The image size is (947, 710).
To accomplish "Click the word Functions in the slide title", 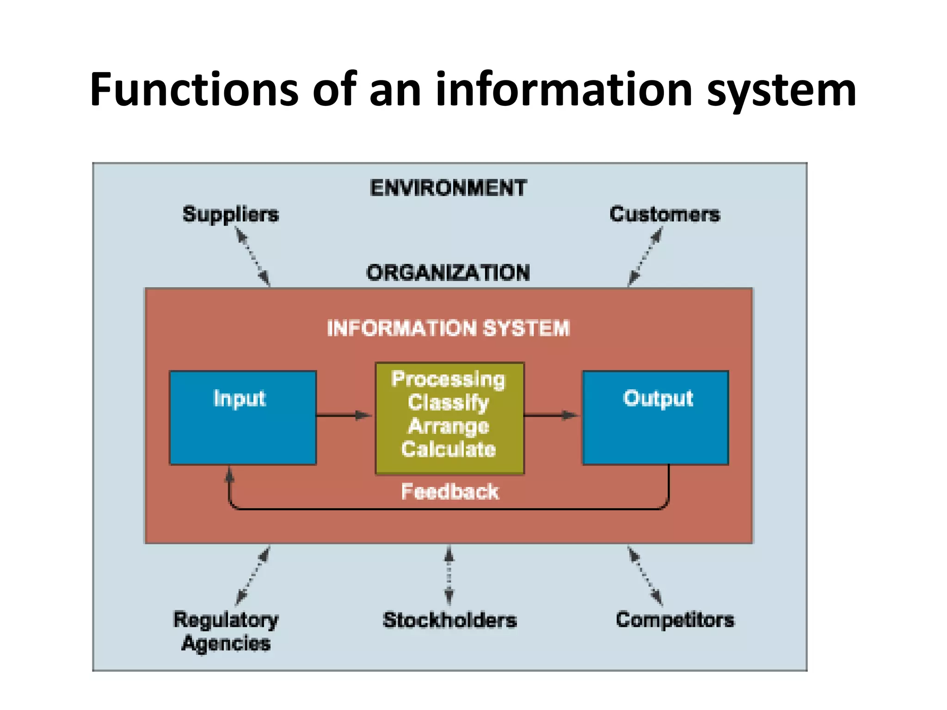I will click(195, 90).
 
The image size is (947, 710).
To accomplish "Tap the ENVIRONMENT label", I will click(448, 188).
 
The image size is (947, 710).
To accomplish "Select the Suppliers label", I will click(231, 214).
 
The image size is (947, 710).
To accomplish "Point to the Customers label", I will click(664, 214).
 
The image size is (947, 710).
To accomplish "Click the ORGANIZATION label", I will click(448, 273).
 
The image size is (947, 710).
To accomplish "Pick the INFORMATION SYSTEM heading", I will click(448, 329).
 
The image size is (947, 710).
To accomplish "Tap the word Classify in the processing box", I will click(448, 402).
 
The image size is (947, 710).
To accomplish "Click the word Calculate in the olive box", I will click(448, 449).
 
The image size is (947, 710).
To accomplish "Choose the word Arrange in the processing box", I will click(448, 426).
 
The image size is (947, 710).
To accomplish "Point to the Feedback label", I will click(449, 491).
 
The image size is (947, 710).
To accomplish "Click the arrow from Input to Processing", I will click(344, 415).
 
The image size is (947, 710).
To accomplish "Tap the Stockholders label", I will click(449, 620).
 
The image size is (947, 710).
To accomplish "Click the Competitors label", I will click(675, 619).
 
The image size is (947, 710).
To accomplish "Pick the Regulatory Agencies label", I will click(226, 631).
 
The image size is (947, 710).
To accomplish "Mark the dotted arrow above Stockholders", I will click(449, 575).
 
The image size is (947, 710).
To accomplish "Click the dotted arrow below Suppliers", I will click(253, 257).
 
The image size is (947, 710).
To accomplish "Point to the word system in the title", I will click(781, 90).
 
